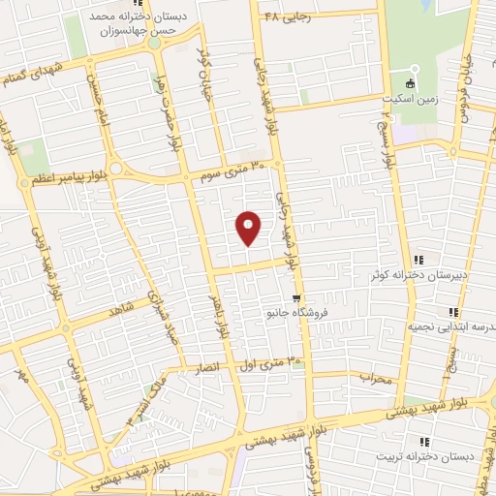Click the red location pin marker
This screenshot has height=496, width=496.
pos(249,226)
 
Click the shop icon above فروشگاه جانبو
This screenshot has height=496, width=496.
pos(295,298)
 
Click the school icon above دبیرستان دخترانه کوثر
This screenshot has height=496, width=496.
pos(419,260)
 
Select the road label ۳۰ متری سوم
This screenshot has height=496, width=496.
pos(230,170)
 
